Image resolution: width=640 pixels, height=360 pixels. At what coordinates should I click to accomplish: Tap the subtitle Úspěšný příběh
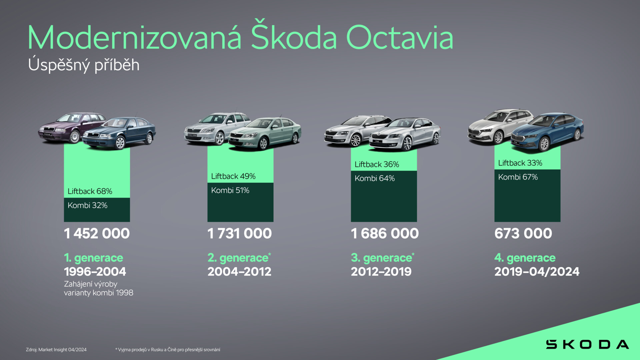[x=84, y=65]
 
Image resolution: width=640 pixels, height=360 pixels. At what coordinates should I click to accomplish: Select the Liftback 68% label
[x=90, y=191]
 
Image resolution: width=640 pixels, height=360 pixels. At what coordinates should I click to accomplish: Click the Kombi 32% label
[x=87, y=205]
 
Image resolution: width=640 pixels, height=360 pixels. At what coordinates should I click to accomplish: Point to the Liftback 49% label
[x=233, y=176]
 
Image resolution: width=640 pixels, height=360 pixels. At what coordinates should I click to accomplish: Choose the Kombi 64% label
[x=374, y=178]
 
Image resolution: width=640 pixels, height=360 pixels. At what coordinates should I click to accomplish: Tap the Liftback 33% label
[x=520, y=163]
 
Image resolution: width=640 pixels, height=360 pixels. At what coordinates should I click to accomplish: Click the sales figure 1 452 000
[x=97, y=233]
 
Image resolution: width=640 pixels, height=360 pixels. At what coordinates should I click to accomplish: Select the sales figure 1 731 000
[x=239, y=233]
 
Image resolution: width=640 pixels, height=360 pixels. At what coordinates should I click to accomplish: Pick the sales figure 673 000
[x=523, y=233]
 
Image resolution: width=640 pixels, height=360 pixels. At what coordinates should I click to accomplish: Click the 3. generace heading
[x=382, y=258]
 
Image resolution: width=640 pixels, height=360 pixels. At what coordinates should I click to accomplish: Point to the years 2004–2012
[x=239, y=272]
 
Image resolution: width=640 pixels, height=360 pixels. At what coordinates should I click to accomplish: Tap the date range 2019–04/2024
[x=537, y=272]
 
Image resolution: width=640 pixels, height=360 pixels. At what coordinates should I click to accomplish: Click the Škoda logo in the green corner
[x=587, y=344]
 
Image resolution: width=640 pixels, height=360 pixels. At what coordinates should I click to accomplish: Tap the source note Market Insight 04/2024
[x=56, y=350]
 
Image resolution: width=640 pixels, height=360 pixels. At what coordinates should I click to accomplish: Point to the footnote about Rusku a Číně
[x=168, y=350]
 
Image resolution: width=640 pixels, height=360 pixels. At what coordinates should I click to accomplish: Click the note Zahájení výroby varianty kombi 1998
[x=98, y=288]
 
